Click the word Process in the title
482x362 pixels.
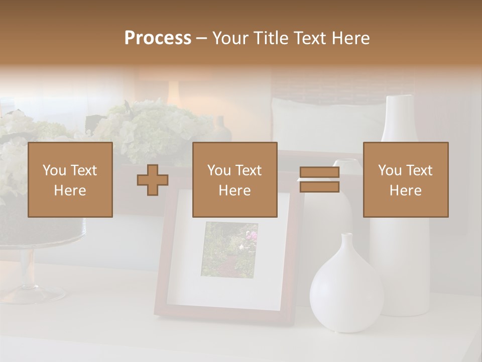point(158,38)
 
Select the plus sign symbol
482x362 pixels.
point(153,180)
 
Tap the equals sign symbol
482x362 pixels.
point(319,180)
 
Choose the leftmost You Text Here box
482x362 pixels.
point(70,179)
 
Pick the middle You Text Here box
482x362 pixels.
point(235,179)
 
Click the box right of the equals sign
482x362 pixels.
point(406,179)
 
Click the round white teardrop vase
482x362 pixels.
point(346,292)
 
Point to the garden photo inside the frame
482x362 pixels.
point(229,249)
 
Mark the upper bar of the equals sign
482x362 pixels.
point(319,173)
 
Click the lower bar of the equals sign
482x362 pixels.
point(319,187)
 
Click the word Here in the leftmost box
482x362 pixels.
point(70,191)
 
